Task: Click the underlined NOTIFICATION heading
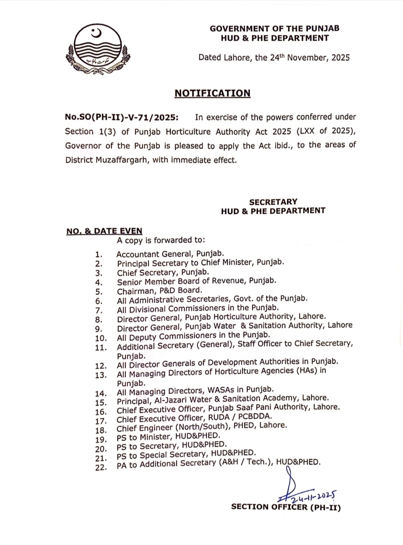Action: (x=212, y=93)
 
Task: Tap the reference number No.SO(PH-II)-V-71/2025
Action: (x=122, y=117)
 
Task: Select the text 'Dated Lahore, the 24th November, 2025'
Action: (x=274, y=57)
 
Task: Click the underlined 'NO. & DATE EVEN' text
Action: (x=104, y=231)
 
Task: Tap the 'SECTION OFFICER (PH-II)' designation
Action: (x=286, y=507)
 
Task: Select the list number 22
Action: (x=101, y=467)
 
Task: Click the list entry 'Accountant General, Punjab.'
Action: (x=170, y=254)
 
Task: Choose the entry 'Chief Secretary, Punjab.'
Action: (x=163, y=272)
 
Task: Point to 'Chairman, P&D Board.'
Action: (x=160, y=291)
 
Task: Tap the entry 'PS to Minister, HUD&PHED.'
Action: (x=168, y=436)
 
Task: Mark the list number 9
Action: (x=99, y=329)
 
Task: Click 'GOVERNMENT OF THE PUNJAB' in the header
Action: (x=274, y=28)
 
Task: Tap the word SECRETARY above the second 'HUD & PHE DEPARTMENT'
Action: (x=273, y=202)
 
